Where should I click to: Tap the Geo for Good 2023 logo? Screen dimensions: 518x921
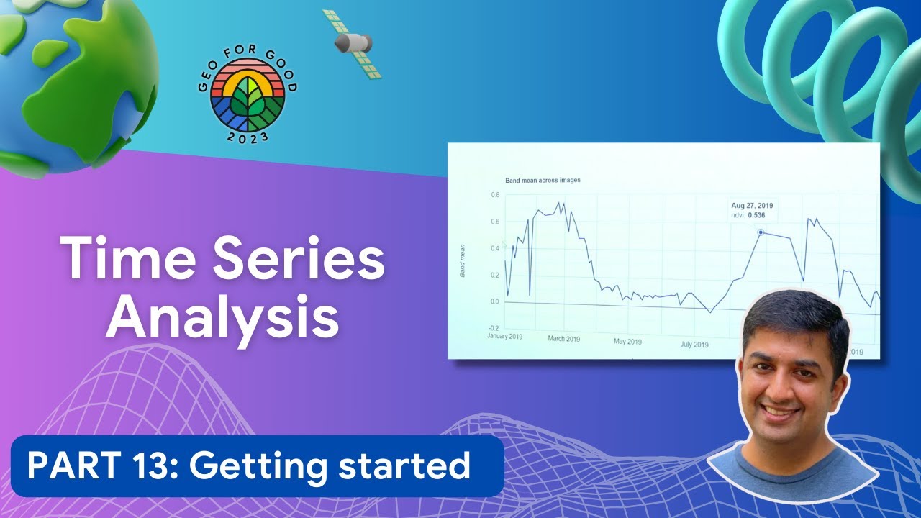(x=248, y=98)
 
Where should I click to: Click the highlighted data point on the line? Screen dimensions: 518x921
(x=761, y=232)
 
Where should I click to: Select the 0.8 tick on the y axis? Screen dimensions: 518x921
(x=495, y=195)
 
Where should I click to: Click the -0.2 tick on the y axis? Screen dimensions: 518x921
(x=494, y=327)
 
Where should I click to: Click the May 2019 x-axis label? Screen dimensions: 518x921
(x=627, y=342)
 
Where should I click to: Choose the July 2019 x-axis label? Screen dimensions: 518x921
(x=694, y=345)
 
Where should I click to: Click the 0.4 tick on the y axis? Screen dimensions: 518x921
(x=495, y=249)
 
